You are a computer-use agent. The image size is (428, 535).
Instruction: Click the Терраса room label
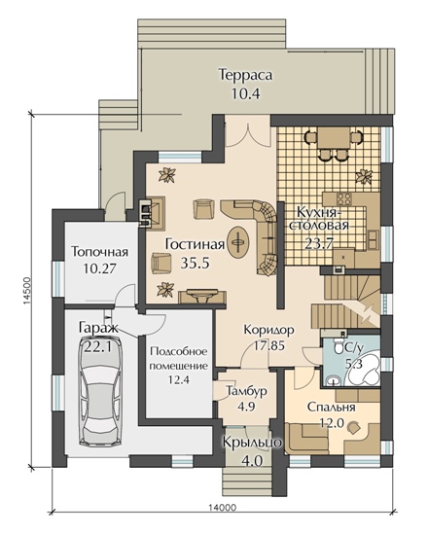[x=246, y=75]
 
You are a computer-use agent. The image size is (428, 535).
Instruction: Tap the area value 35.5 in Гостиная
[x=195, y=263]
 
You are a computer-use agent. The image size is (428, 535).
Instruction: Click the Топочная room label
[x=100, y=252]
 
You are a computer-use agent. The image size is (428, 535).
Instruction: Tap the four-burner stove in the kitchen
[x=342, y=197]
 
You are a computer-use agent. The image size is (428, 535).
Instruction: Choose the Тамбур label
[x=247, y=391]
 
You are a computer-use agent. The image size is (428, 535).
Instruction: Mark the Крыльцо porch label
[x=253, y=443]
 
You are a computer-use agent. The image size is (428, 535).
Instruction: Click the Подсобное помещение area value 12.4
[x=179, y=379]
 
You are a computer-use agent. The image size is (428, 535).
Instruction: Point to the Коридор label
[x=268, y=331]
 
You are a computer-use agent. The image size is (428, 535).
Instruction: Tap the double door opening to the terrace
[x=248, y=135]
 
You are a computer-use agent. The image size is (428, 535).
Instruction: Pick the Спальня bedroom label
[x=331, y=407]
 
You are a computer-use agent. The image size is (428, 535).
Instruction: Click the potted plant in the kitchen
[x=364, y=176]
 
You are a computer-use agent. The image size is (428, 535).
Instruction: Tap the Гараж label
[x=98, y=328]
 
